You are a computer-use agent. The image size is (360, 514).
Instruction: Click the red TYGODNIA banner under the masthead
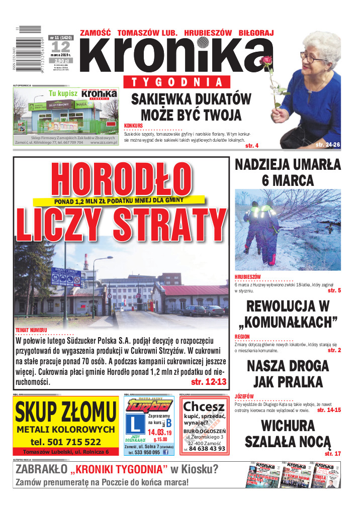click(x=176, y=82)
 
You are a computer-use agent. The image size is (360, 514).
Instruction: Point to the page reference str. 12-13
click(x=209, y=382)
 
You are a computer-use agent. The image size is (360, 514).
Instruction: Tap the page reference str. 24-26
click(x=328, y=145)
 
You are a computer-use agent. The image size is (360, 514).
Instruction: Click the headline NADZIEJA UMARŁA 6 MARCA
click(x=288, y=172)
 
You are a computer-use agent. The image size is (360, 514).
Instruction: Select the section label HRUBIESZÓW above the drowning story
click(x=248, y=277)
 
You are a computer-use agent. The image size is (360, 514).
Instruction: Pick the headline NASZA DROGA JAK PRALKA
click(x=288, y=373)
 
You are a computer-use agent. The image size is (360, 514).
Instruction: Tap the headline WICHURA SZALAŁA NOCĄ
click(x=288, y=434)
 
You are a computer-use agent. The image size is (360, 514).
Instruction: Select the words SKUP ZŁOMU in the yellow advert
click(x=66, y=413)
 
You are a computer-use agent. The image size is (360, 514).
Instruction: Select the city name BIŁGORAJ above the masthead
click(x=256, y=33)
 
